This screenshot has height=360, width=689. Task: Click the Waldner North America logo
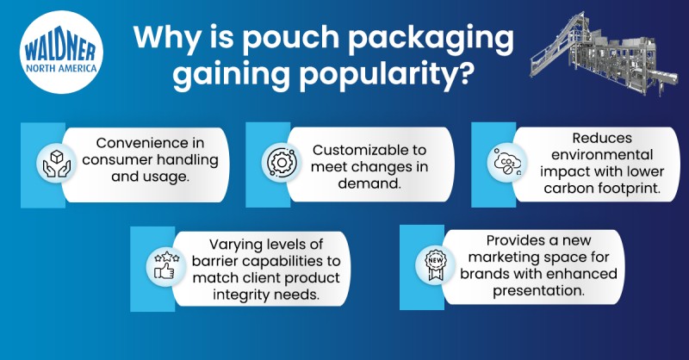[61, 53]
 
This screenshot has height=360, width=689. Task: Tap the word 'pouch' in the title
[291, 38]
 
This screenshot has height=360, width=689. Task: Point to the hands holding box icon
[56, 164]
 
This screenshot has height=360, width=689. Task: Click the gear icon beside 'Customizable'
[282, 163]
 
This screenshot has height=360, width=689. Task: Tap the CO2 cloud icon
[507, 162]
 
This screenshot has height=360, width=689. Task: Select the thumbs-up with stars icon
[166, 265]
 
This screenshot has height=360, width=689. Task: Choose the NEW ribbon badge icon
[435, 265]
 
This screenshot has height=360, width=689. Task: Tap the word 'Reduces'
[601, 138]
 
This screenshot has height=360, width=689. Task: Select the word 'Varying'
[235, 245]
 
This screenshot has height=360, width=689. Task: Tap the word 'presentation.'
[538, 291]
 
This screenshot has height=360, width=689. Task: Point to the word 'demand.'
[369, 183]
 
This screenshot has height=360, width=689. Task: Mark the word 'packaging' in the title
[431, 38]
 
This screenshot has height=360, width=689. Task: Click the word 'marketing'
[505, 258]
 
